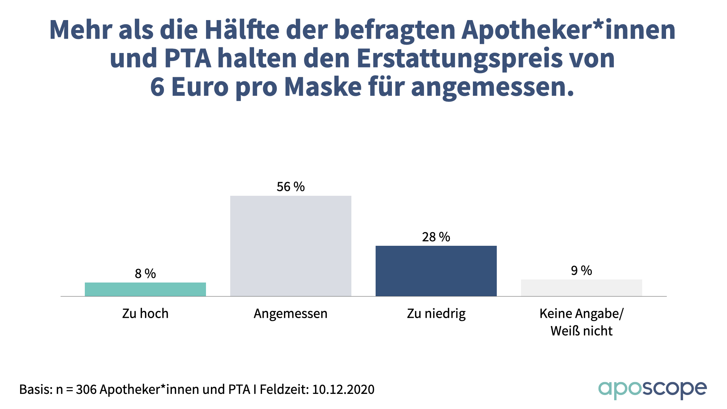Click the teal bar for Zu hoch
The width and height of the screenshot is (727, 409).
(145, 289)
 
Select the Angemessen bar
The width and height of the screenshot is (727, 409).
(291, 246)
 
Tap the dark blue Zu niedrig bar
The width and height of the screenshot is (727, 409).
(436, 271)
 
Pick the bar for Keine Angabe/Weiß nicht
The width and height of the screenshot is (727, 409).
(582, 288)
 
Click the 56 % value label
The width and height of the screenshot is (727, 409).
(291, 187)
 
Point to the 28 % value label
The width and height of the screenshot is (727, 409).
(436, 237)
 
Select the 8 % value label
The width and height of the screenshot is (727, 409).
(145, 273)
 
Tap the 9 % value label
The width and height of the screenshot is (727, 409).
(582, 270)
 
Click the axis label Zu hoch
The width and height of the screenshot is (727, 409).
(145, 314)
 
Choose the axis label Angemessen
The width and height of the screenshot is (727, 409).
(291, 314)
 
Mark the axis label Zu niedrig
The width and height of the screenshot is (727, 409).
(436, 314)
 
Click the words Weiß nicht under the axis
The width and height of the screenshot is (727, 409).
(582, 331)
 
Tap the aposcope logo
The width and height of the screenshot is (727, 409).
(652, 390)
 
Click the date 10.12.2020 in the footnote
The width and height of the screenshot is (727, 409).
(343, 389)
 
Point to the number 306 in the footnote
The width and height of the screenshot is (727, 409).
(86, 389)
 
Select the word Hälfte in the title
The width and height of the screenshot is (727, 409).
(242, 30)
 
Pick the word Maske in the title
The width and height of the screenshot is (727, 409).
(323, 87)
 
